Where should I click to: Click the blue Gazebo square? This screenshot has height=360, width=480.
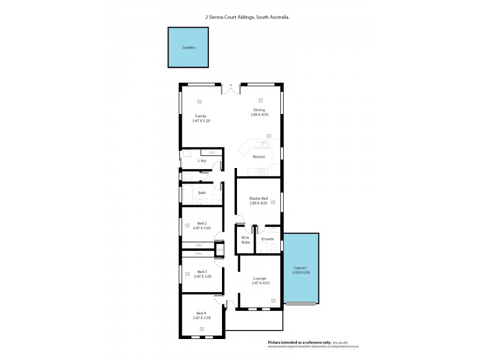click(x=188, y=47)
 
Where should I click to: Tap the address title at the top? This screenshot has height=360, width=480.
click(x=247, y=17)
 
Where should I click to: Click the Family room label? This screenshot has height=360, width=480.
click(x=200, y=116)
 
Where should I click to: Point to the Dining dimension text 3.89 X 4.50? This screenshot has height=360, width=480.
click(x=259, y=115)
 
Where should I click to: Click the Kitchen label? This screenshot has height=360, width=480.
click(x=259, y=157)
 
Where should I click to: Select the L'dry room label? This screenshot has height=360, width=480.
click(x=202, y=161)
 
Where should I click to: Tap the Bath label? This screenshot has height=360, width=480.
click(x=202, y=193)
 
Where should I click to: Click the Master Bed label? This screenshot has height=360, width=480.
click(x=259, y=199)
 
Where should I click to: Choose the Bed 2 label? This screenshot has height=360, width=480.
click(x=202, y=223)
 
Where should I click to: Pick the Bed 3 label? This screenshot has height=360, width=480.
click(x=202, y=271)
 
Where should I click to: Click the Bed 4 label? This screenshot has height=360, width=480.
click(x=201, y=313)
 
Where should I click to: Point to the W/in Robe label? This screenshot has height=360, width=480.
click(x=245, y=241)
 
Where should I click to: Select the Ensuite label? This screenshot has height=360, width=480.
click(x=268, y=239)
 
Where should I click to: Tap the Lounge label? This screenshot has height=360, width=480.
click(x=260, y=278)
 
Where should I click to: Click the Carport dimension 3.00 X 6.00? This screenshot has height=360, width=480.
click(x=301, y=272)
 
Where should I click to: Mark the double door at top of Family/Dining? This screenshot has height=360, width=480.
click(x=231, y=89)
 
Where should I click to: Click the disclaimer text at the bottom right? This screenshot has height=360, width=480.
click(x=317, y=344)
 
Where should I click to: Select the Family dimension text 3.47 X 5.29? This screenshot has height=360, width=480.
click(x=201, y=121)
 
